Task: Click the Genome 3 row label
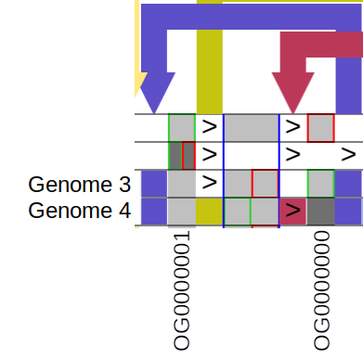(79, 184)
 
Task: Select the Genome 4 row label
(79, 211)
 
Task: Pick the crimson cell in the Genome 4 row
(292, 212)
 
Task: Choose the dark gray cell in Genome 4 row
(320, 212)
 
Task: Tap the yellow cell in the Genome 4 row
(210, 212)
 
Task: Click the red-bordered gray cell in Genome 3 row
(266, 184)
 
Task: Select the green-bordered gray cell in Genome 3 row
(320, 184)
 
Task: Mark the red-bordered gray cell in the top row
(320, 127)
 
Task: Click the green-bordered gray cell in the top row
(182, 127)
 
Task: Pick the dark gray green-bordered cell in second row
(175, 155)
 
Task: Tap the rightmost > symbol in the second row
(348, 152)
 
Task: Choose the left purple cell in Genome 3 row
(154, 184)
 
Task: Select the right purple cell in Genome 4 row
(348, 212)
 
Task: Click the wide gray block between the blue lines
(252, 127)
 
